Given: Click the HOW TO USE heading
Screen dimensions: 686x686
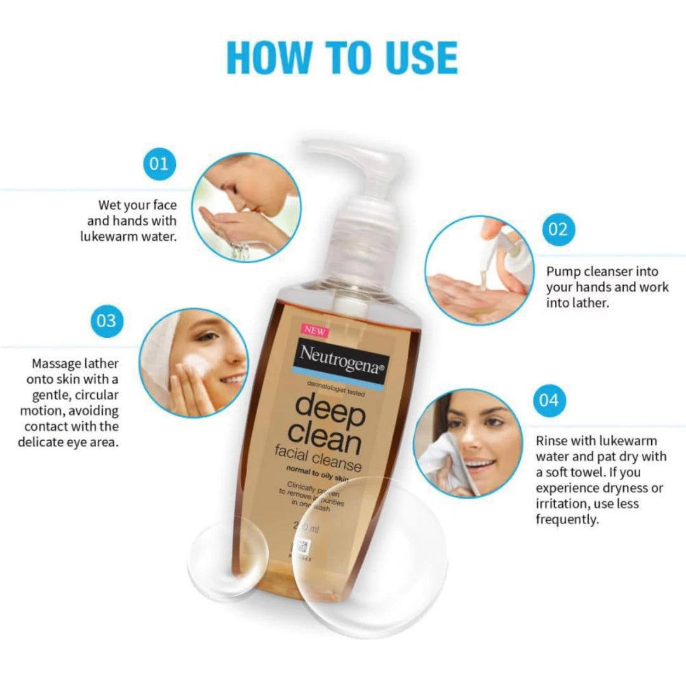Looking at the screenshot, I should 342,58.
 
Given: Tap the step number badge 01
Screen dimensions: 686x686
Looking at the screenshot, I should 159,164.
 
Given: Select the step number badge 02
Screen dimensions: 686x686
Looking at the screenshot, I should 558,229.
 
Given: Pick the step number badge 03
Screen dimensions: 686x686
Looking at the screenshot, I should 106,321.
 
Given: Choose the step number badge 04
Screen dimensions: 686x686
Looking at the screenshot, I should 548,401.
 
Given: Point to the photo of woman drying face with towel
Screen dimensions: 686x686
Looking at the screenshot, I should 468,443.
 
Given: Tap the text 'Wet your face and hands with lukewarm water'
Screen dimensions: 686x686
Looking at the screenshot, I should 131,221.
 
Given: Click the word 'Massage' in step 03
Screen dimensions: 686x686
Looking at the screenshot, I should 56,365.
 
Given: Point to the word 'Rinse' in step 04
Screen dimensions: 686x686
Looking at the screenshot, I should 553,441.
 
